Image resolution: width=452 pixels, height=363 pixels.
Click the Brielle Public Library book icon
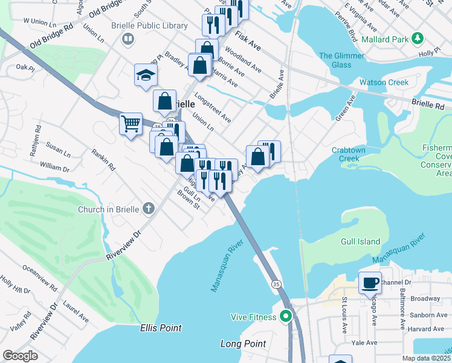[x=128, y=40]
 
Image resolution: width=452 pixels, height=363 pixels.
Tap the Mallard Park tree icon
[x=417, y=39]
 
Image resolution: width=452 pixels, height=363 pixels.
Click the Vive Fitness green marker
[x=286, y=316]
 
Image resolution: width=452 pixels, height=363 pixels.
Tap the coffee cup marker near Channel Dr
[x=370, y=282]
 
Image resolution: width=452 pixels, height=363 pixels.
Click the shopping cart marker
[x=131, y=124]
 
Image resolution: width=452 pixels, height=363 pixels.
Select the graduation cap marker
[x=146, y=75]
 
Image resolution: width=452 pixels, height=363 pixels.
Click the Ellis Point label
[x=160, y=328]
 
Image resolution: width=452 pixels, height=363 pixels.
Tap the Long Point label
[x=243, y=344]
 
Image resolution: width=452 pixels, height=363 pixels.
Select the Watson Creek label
[x=384, y=82]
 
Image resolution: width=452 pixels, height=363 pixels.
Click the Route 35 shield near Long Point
[x=276, y=284]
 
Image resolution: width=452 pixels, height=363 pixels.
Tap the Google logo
[x=20, y=355]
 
